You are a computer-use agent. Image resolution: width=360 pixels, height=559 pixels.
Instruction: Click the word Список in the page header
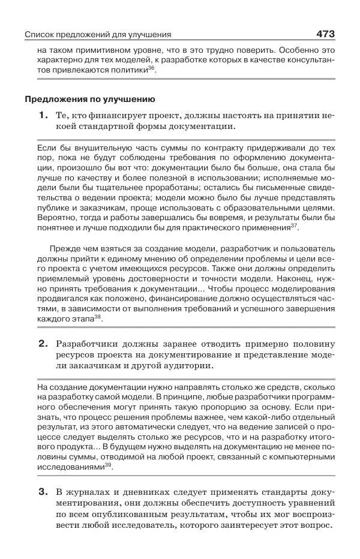(x=40, y=35)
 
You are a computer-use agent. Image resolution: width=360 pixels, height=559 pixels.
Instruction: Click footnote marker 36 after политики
(x=151, y=68)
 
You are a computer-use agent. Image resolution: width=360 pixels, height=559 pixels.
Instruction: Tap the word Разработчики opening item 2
(x=90, y=344)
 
